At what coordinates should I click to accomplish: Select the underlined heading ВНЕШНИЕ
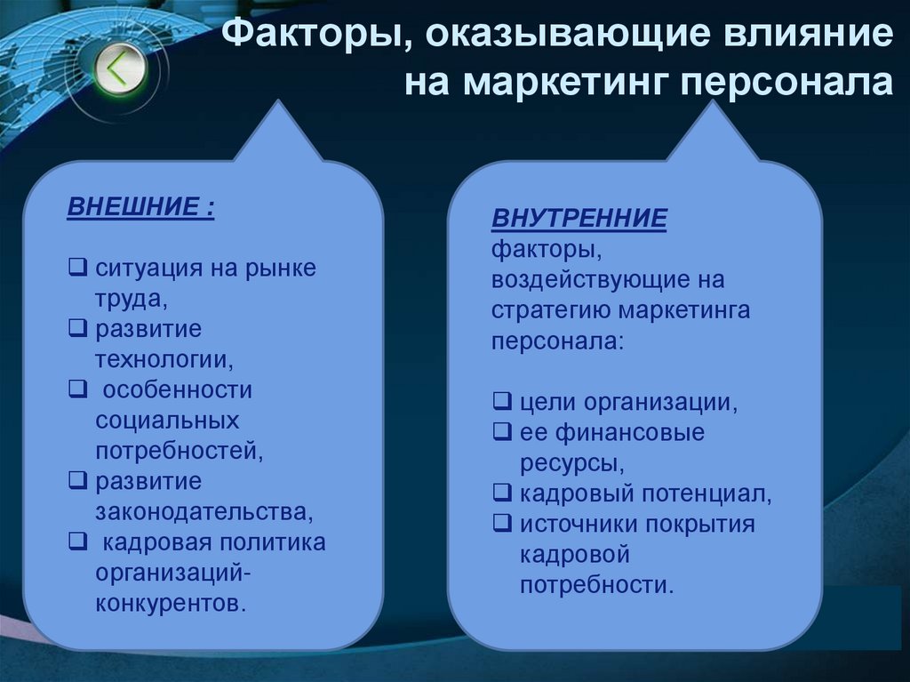tap(140, 208)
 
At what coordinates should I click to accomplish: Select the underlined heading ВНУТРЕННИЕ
tap(579, 218)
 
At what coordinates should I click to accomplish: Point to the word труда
tap(132, 299)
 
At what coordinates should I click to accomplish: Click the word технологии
tap(165, 359)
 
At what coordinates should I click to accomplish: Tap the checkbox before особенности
tap(77, 389)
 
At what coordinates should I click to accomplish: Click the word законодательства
tap(205, 511)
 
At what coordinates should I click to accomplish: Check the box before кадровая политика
tap(77, 542)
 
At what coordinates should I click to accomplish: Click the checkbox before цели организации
tap(501, 402)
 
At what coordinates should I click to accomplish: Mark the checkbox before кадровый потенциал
tap(501, 493)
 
